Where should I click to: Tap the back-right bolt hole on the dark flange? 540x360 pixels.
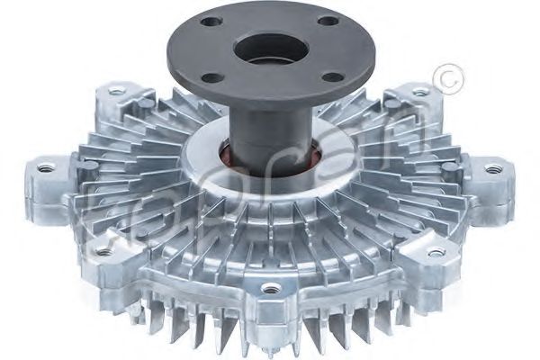[x=329, y=21]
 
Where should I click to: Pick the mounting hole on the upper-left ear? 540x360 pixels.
[x=116, y=91]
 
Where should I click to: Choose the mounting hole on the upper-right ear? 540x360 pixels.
[x=419, y=91]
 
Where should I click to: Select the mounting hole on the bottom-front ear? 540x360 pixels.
[x=267, y=290]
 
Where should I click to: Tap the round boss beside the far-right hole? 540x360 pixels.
[x=449, y=167]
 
